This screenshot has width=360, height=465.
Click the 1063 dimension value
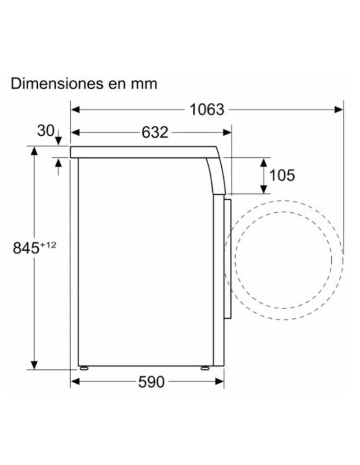(x=207, y=110)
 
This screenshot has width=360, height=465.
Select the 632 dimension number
(x=155, y=133)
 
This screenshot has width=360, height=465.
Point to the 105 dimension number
(x=282, y=176)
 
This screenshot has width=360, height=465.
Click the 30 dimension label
(x=45, y=131)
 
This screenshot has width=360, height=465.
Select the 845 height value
(x=26, y=248)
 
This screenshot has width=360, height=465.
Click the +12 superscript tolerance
(x=48, y=245)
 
